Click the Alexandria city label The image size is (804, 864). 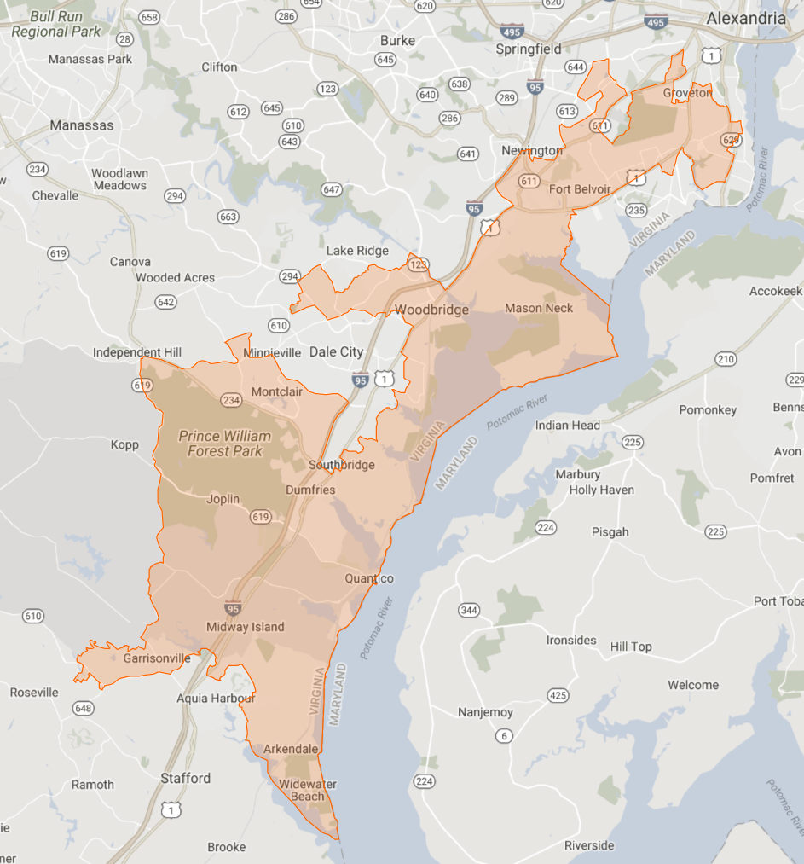746,18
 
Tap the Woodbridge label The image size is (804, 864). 431,310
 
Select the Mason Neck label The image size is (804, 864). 539,308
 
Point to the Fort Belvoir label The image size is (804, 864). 580,188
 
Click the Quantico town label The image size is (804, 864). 369,578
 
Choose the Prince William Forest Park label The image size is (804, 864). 225,443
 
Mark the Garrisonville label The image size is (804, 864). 157,658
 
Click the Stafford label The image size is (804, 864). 186,778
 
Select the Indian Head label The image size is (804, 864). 568,425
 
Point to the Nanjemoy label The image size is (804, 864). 486,712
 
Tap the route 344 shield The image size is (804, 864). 469,610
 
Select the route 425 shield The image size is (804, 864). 558,695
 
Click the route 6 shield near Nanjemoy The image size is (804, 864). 505,736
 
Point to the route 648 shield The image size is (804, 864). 84,708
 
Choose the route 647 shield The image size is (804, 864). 332,189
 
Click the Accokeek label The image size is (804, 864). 776,291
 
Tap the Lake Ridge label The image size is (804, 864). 357,251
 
